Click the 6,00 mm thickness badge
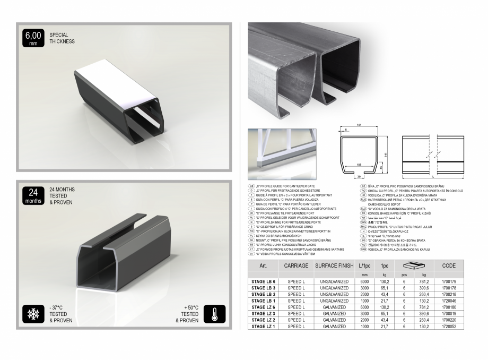coord(33,39)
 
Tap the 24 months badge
coord(33,195)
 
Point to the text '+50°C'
coord(190,307)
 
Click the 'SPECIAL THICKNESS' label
coord(62,38)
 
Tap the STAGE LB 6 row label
coord(264,281)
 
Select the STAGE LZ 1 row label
coord(264,326)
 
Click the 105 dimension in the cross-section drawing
coord(359,165)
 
